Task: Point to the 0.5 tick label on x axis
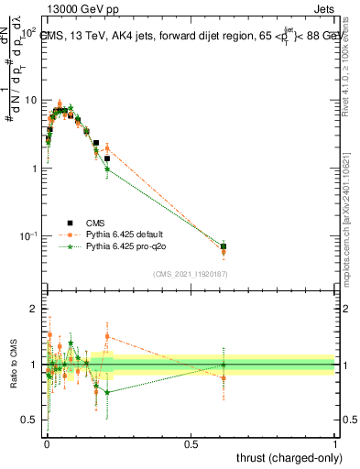[x=191, y=444]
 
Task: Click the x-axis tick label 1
[x=335, y=444]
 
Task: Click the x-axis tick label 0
[x=47, y=444]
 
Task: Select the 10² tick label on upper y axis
[x=28, y=32]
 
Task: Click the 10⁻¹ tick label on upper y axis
[x=28, y=236]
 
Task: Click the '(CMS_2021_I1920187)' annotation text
[x=190, y=273]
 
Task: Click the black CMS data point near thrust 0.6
[x=224, y=246]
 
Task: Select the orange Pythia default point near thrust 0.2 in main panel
[x=107, y=147]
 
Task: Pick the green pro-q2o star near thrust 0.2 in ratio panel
[x=107, y=392]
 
